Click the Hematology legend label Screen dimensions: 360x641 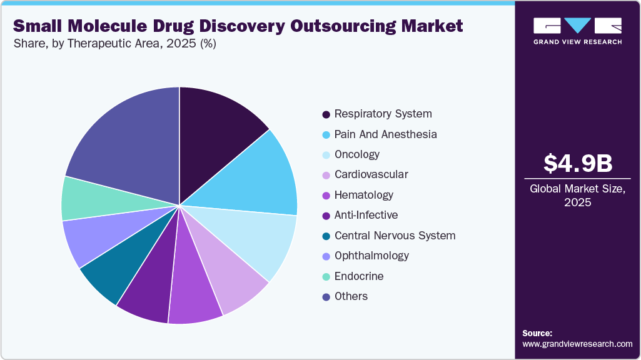tap(363, 195)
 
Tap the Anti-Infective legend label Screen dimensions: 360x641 tap(366, 215)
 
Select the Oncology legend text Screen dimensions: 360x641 tap(356, 154)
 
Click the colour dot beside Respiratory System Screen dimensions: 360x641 tap(326, 114)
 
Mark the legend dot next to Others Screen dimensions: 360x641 tap(326, 297)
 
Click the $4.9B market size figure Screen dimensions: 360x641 tap(577, 163)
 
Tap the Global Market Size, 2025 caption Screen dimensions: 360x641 tap(577, 196)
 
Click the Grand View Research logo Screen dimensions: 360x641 tap(577, 31)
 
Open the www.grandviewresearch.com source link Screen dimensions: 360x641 tap(577, 344)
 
